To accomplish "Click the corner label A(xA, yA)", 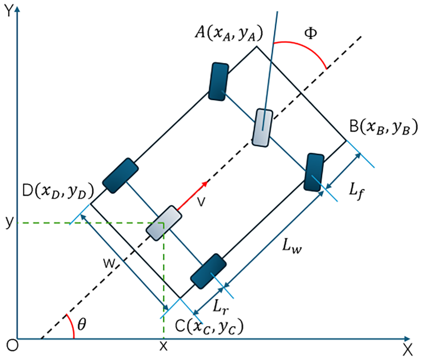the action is coord(229,33).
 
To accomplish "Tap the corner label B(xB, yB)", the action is coord(384,127).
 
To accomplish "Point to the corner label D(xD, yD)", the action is coord(58,191).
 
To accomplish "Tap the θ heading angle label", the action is coord(82,324).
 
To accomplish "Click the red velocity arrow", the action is coord(192,195).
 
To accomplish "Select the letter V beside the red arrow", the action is coord(201,202).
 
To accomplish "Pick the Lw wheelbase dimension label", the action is coord(292,246).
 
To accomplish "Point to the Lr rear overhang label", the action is coord(221,307).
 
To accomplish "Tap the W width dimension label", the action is coord(109,264).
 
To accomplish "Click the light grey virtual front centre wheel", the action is coord(262,128).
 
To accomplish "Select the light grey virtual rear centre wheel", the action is coord(164,223).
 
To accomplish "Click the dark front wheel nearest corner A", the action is coord(219,82).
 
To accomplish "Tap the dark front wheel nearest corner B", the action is coord(314,172).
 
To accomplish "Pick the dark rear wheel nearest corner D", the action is coord(120,176).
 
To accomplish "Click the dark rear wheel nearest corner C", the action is coord(208,272).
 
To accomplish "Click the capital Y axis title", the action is coord(9,11).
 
